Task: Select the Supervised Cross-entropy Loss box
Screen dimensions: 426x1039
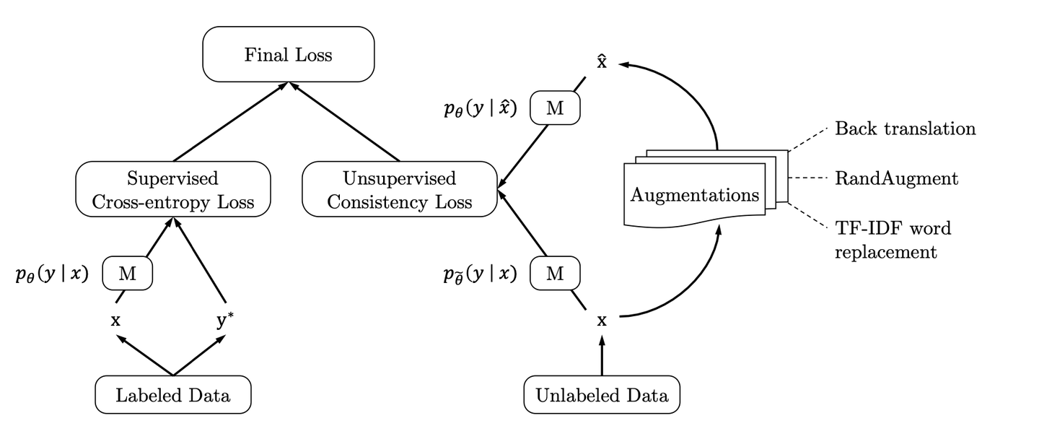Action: point(172,190)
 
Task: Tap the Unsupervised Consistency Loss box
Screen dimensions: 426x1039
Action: point(399,190)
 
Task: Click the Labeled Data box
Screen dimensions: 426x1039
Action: point(173,395)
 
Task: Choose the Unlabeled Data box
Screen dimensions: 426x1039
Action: point(602,395)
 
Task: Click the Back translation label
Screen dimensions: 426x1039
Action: point(905,129)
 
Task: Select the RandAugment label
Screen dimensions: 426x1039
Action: point(896,178)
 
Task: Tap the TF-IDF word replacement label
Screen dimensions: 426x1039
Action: point(893,240)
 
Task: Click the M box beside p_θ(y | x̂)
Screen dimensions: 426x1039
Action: point(554,109)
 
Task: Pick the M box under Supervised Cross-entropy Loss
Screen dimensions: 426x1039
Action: point(127,274)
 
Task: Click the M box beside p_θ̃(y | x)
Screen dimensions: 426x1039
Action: point(554,274)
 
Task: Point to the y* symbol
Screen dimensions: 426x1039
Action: point(224,321)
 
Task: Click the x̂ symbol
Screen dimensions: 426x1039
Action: point(602,63)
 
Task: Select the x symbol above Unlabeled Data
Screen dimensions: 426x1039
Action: point(602,320)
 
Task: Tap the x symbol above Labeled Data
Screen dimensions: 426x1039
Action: point(115,320)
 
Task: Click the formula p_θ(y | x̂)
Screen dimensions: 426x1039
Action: point(481,110)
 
